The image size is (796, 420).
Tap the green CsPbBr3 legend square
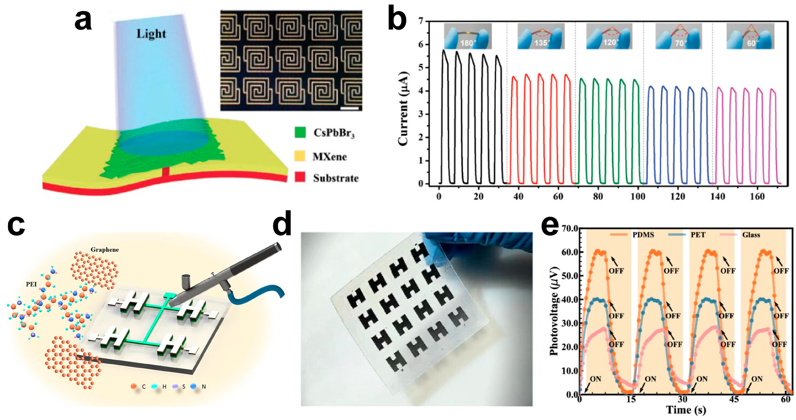(300, 132)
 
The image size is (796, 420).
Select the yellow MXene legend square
(300, 156)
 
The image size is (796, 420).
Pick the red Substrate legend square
(300, 177)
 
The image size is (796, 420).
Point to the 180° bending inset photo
(467, 36)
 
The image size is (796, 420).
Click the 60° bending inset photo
(750, 36)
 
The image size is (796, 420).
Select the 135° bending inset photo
(541, 36)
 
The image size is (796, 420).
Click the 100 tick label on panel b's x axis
(637, 196)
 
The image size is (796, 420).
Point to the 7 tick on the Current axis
(421, 21)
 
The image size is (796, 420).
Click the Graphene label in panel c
(104, 250)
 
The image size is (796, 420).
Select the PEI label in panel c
(31, 284)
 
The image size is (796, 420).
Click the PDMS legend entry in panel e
(643, 235)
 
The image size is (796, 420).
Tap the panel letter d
(282, 224)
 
